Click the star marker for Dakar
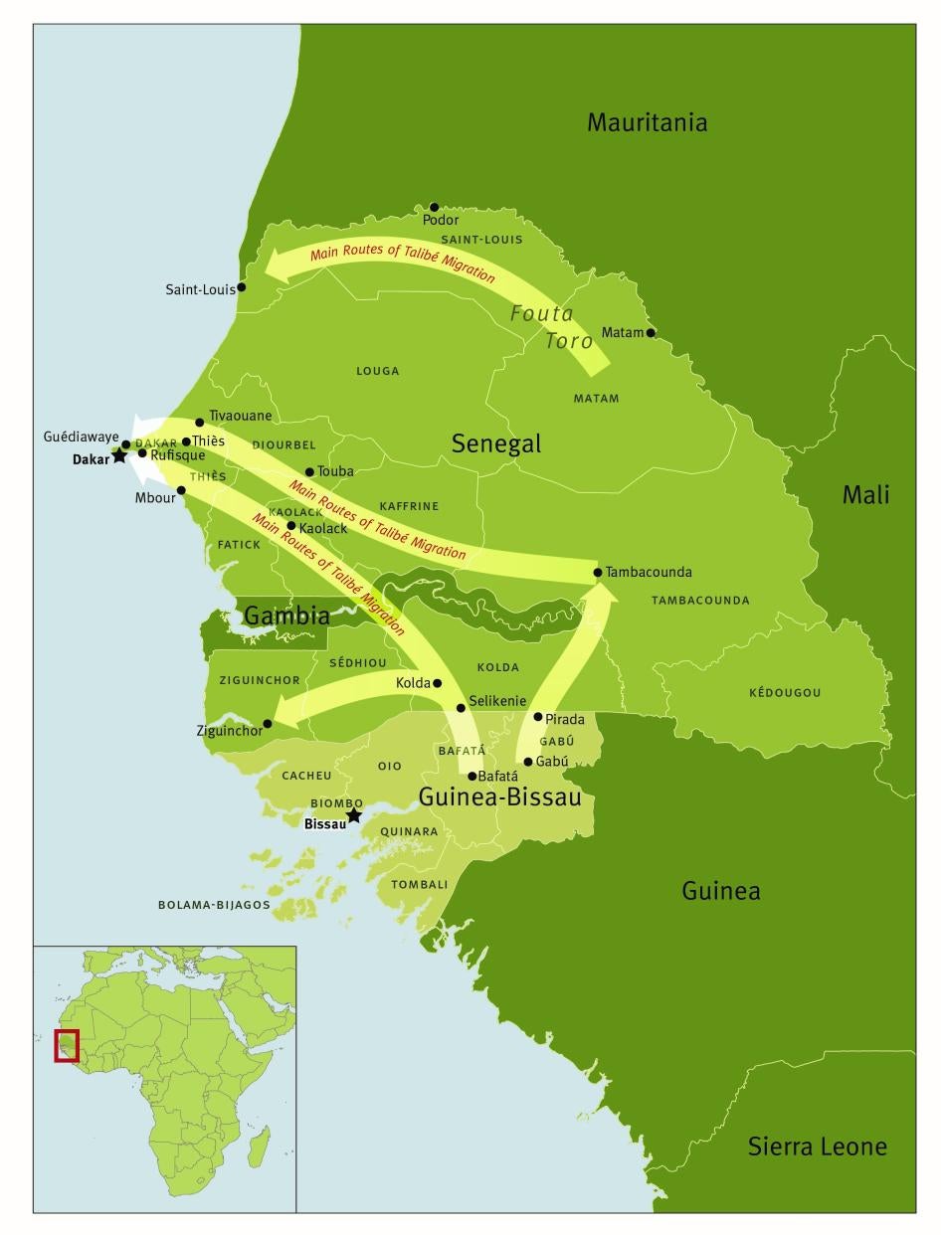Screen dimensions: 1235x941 [x=119, y=455]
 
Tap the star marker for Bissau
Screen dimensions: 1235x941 [x=353, y=815]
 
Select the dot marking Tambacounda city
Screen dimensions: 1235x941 [x=598, y=572]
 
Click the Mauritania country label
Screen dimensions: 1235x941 [x=647, y=122]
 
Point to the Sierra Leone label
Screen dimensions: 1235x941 [x=817, y=1147]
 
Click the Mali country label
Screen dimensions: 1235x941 [x=865, y=494]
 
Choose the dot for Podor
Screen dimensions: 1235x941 [x=434, y=207]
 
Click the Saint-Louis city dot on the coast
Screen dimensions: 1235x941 [x=242, y=287]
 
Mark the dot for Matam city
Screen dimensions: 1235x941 [x=652, y=333]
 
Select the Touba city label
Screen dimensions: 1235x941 [x=335, y=471]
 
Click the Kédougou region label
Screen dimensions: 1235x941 [x=785, y=692]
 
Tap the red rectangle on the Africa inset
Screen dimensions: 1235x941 [x=67, y=1045]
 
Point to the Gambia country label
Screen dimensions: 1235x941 [x=286, y=616]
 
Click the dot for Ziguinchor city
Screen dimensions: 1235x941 [x=268, y=724]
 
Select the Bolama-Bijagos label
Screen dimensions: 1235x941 [x=214, y=905]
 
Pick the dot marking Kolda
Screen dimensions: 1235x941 [x=438, y=683]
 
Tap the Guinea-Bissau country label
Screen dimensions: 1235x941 [x=499, y=796]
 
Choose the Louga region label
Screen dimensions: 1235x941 [x=377, y=371]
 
